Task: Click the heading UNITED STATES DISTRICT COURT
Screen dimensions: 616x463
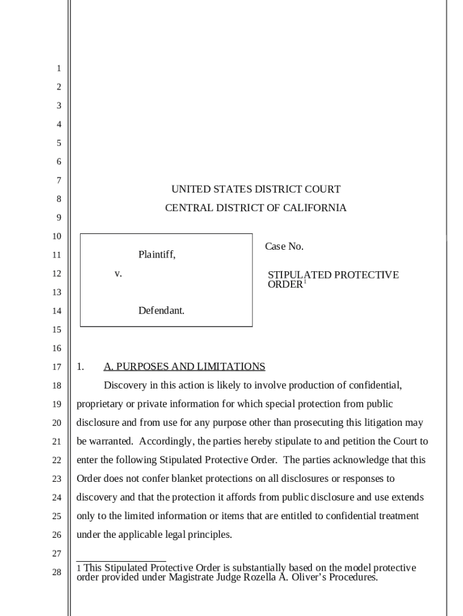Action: click(256, 189)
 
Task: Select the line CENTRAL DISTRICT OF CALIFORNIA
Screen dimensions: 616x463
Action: click(256, 208)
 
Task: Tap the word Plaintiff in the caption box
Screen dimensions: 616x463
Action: click(156, 254)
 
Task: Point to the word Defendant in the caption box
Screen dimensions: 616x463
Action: click(161, 311)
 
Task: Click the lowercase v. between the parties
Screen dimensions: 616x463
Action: click(118, 274)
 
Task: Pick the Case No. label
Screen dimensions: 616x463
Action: click(284, 247)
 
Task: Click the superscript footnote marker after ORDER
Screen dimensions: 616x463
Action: click(305, 282)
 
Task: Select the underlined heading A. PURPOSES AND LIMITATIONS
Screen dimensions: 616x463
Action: click(184, 367)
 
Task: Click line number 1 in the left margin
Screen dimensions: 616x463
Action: click(59, 69)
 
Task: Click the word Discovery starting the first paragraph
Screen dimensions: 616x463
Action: click(124, 386)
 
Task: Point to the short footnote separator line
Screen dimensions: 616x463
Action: click(121, 561)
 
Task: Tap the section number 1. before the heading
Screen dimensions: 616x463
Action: click(81, 367)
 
